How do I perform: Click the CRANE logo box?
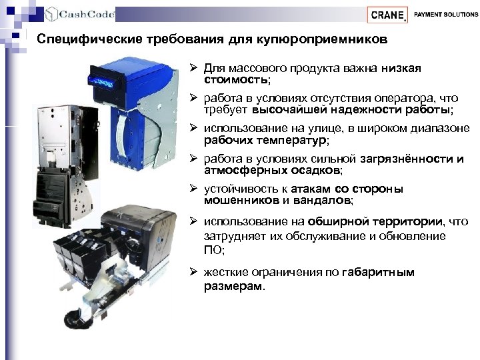[x=387, y=15]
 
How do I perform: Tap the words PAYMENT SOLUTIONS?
[x=446, y=14]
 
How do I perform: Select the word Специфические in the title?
[x=77, y=40]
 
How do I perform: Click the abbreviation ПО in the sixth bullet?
[x=211, y=250]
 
